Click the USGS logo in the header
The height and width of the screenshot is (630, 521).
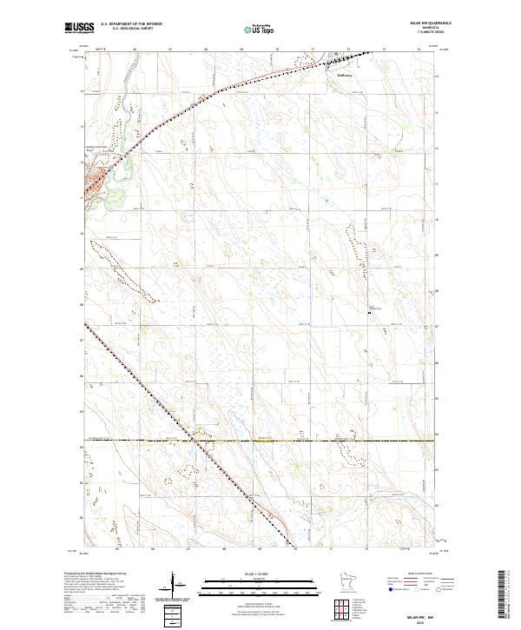click(x=79, y=28)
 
